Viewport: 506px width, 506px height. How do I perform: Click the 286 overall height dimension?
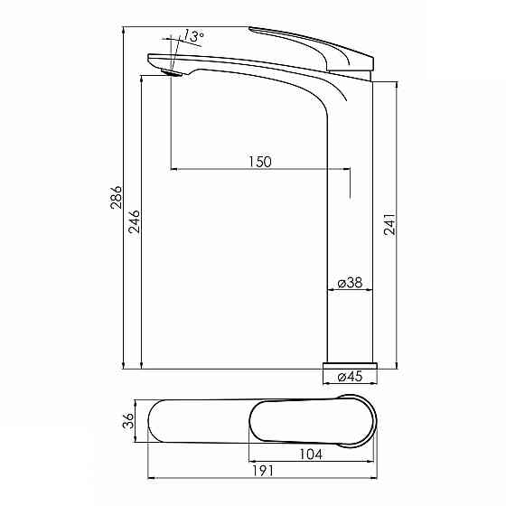point(117,197)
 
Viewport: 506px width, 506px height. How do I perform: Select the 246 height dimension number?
point(135,221)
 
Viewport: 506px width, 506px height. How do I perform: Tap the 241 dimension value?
point(389,224)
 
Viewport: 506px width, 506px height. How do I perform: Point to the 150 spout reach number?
point(260,162)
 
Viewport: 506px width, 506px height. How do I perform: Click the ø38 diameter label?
point(351,283)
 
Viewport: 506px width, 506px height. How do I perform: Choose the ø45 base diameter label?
point(351,376)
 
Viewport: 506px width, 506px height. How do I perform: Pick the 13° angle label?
point(194,36)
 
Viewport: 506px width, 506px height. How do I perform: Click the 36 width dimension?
point(128,420)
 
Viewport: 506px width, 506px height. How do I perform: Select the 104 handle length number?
point(311,454)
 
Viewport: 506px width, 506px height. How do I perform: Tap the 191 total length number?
point(262,471)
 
